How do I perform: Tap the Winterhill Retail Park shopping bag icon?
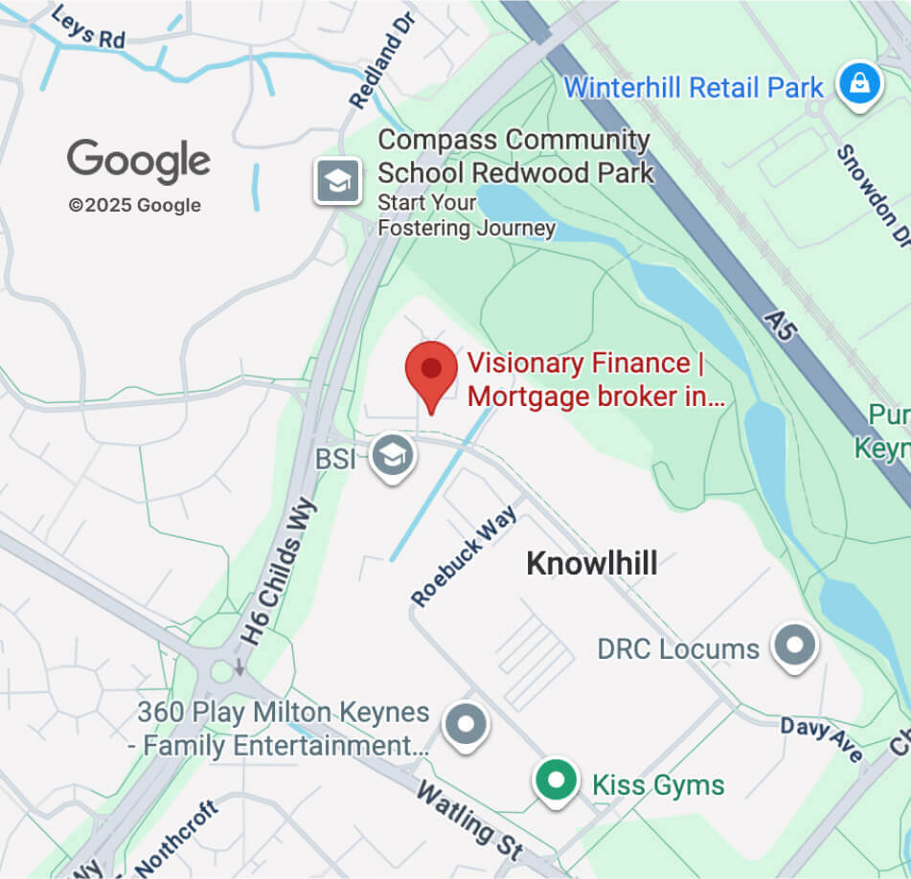click(x=859, y=85)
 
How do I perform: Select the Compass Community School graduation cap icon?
click(x=338, y=180)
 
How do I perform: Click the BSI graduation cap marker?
click(x=393, y=456)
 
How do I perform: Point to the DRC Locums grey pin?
click(x=795, y=645)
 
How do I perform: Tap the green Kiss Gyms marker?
click(x=557, y=781)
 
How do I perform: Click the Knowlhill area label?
click(x=592, y=564)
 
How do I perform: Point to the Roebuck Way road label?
click(x=465, y=555)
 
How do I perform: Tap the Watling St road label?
click(x=469, y=820)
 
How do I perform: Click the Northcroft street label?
click(x=177, y=840)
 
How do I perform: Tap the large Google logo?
click(x=139, y=161)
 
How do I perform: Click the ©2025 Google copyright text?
click(x=134, y=205)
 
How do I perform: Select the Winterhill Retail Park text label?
click(x=694, y=88)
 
